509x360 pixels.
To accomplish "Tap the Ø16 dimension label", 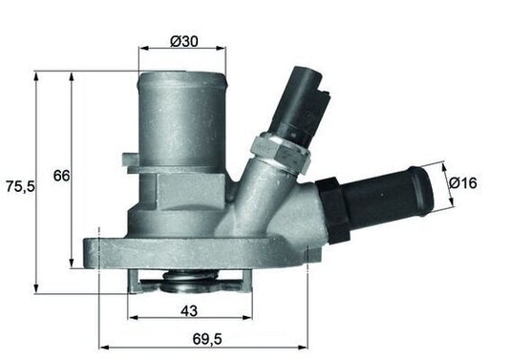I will pyautogui.click(x=462, y=181).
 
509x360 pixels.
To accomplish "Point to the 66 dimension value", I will pyautogui.click(x=59, y=176).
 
